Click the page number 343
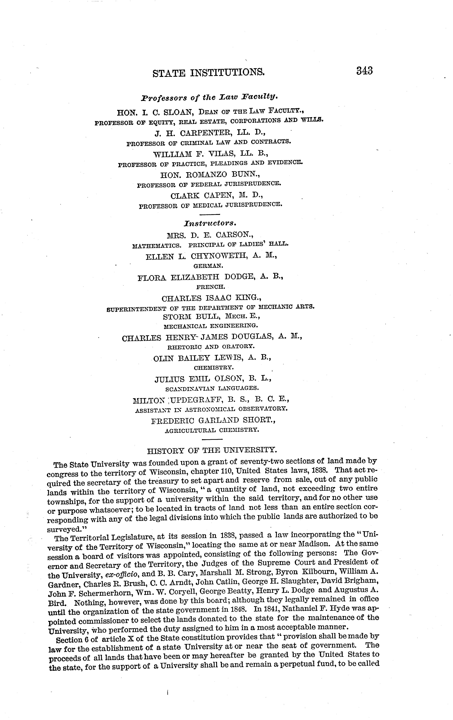364,71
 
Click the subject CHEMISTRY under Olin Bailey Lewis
214,368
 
